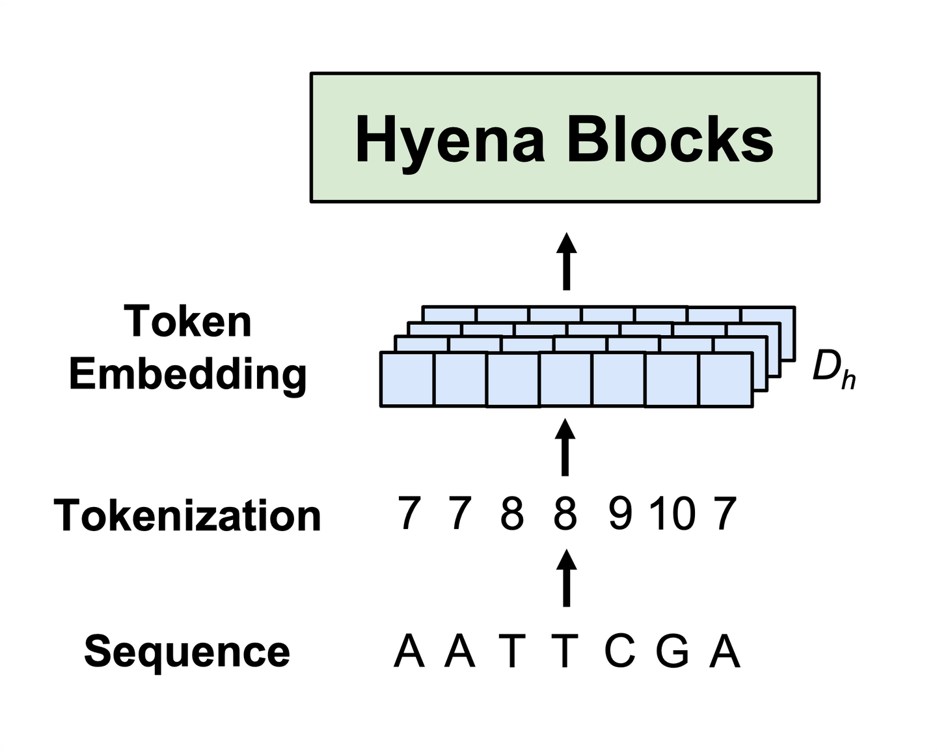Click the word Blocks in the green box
(670, 140)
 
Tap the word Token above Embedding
(188, 322)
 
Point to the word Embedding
(188, 375)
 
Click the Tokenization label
(187, 515)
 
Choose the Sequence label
(187, 651)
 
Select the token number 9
(619, 513)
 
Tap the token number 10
(673, 513)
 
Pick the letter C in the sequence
(619, 650)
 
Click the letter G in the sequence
(672, 650)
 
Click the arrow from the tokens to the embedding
(566, 448)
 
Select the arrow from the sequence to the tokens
(567, 578)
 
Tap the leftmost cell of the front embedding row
(407, 379)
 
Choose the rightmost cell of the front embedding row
(726, 379)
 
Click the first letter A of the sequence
(409, 650)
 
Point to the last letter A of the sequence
(725, 650)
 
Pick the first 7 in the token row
(409, 513)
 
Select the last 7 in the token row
(725, 513)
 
